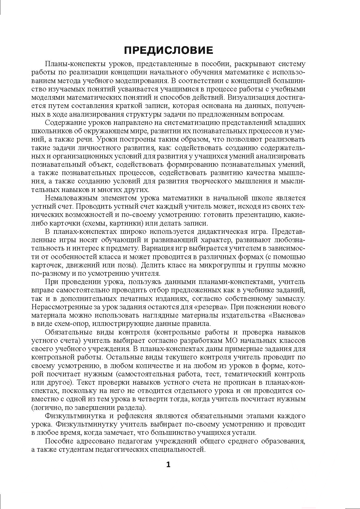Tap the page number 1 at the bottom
tap(168, 464)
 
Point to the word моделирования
tap(144, 81)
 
